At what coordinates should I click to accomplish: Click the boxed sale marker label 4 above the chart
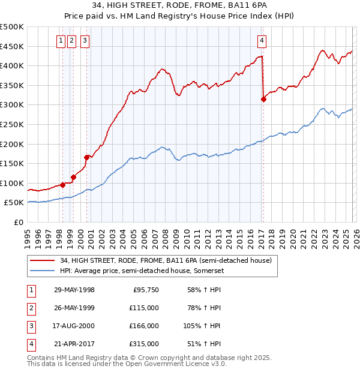tap(262, 41)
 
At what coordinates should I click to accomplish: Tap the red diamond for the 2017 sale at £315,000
tap(263, 100)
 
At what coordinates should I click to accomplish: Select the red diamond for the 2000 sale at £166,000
tap(86, 157)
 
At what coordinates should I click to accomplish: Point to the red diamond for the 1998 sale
tap(62, 185)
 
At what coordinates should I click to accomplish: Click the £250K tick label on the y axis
tap(12, 124)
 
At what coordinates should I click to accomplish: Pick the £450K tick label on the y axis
tap(12, 46)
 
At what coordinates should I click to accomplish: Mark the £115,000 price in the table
tap(144, 308)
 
